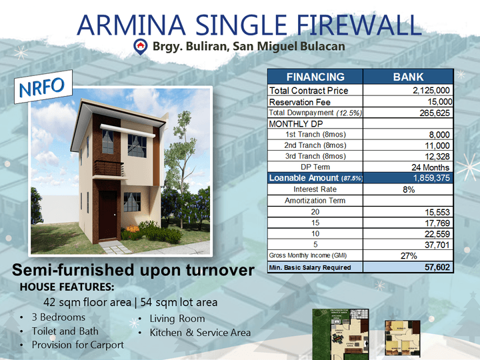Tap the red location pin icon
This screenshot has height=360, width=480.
tap(140, 46)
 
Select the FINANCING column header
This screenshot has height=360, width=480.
tap(315, 77)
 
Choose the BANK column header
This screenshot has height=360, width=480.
tap(408, 77)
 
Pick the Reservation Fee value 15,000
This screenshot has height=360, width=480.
tap(439, 101)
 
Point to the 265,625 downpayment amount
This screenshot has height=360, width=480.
tap(434, 113)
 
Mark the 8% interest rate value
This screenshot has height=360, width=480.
tap(408, 189)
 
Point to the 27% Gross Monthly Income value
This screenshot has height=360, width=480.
tap(408, 255)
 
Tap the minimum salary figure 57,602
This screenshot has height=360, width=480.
tap(437, 267)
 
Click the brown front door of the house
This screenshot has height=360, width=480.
tap(108, 214)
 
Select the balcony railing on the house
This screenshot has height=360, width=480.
tap(109, 168)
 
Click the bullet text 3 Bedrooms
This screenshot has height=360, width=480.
tap(59, 317)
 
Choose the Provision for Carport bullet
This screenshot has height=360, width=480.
tap(78, 345)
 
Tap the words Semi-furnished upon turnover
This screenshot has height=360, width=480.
tap(133, 271)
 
